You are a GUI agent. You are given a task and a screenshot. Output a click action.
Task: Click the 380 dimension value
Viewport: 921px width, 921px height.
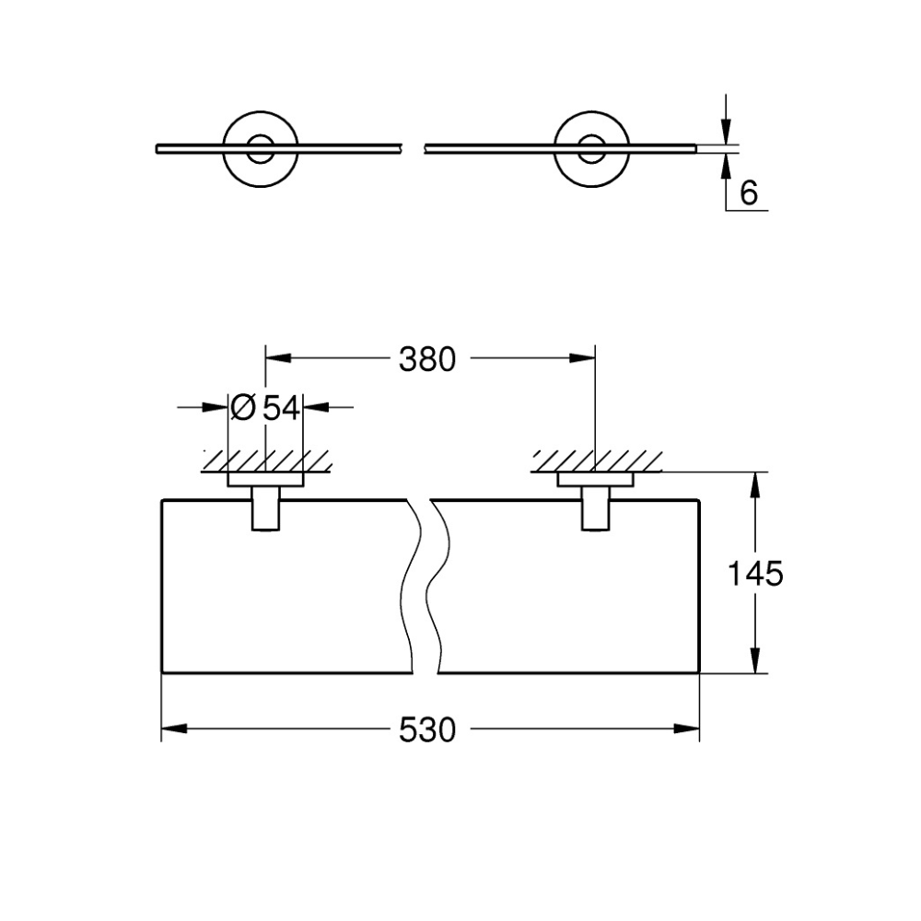click(427, 359)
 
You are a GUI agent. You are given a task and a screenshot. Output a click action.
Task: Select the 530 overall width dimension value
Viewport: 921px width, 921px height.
click(427, 730)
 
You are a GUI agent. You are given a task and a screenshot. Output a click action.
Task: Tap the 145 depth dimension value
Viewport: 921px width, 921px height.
click(755, 573)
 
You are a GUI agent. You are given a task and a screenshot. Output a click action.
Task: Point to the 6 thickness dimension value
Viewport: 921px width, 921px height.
click(749, 192)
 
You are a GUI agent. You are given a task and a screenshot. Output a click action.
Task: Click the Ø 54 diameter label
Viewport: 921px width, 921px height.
click(265, 407)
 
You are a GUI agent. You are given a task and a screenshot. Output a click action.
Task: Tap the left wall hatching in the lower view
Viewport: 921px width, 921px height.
click(267, 461)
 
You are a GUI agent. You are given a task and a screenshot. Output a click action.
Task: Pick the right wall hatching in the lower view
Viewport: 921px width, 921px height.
click(596, 461)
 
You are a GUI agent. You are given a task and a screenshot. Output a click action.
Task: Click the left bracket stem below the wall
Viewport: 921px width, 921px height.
click(266, 508)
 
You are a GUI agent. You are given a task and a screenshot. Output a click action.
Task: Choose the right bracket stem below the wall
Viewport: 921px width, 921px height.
click(596, 508)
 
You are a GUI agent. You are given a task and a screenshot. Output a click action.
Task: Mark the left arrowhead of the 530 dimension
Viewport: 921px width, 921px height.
click(174, 729)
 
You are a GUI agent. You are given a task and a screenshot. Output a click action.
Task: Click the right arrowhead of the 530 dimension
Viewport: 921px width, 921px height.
click(687, 729)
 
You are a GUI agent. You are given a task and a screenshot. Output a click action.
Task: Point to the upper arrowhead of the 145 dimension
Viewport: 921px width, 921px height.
click(756, 484)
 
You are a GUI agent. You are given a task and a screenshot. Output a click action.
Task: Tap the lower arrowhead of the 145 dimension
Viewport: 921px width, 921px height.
click(756, 660)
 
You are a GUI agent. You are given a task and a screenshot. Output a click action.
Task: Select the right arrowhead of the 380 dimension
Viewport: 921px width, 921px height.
click(582, 358)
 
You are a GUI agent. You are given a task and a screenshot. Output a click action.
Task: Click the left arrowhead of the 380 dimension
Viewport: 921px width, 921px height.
click(278, 358)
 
